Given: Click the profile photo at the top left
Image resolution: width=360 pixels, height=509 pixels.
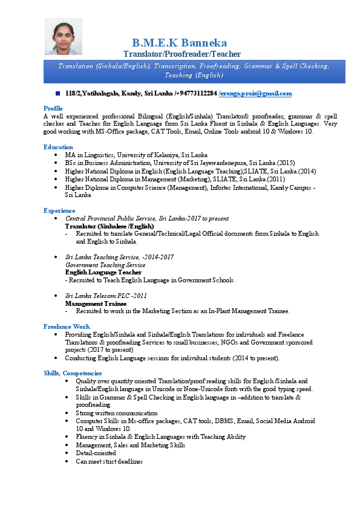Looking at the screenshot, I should tap(63, 36).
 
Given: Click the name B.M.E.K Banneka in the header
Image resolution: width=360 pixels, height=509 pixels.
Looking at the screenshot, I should tap(179, 43).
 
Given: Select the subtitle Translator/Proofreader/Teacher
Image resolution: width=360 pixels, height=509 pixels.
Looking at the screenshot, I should tap(182, 54).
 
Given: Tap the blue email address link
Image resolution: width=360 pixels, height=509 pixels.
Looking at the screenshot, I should tap(255, 94).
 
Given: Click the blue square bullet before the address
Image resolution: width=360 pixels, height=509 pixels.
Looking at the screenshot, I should tap(57, 94).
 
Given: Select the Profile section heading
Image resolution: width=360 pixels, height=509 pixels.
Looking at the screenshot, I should tap(53, 108).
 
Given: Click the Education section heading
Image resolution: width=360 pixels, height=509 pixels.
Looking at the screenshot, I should tap(58, 147).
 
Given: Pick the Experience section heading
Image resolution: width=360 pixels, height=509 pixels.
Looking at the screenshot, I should tap(59, 210).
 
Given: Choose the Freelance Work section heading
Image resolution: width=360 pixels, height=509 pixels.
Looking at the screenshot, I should tap(67, 326).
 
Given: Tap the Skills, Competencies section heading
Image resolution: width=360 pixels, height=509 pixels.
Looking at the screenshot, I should tap(73, 374).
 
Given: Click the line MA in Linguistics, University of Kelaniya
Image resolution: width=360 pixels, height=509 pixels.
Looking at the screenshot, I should tap(136, 155).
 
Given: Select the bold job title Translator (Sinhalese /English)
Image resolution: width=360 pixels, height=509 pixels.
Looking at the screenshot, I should tap(110, 225).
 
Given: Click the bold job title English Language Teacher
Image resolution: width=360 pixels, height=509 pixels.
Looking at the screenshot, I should tap(103, 273).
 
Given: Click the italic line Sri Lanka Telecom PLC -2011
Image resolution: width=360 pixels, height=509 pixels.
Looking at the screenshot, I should tap(106, 296).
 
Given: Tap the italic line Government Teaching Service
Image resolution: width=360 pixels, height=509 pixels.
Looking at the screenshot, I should tap(105, 265).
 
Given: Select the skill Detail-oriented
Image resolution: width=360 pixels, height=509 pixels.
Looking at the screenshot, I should tap(96, 453).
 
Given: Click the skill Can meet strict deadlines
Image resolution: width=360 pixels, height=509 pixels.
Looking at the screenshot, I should tap(109, 461).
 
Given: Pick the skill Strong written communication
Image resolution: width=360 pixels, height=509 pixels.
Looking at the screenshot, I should tap(116, 413).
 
